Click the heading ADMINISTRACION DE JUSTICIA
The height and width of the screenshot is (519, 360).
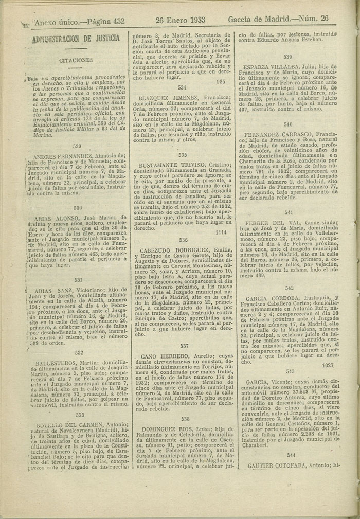tap(76, 39)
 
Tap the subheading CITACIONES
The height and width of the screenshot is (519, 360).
tap(76, 60)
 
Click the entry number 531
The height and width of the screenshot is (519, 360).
tap(78, 280)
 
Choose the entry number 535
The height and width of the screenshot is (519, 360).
tap(183, 154)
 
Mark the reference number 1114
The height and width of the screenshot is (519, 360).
tap(221, 232)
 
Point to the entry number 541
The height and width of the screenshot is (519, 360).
tap(289, 212)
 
